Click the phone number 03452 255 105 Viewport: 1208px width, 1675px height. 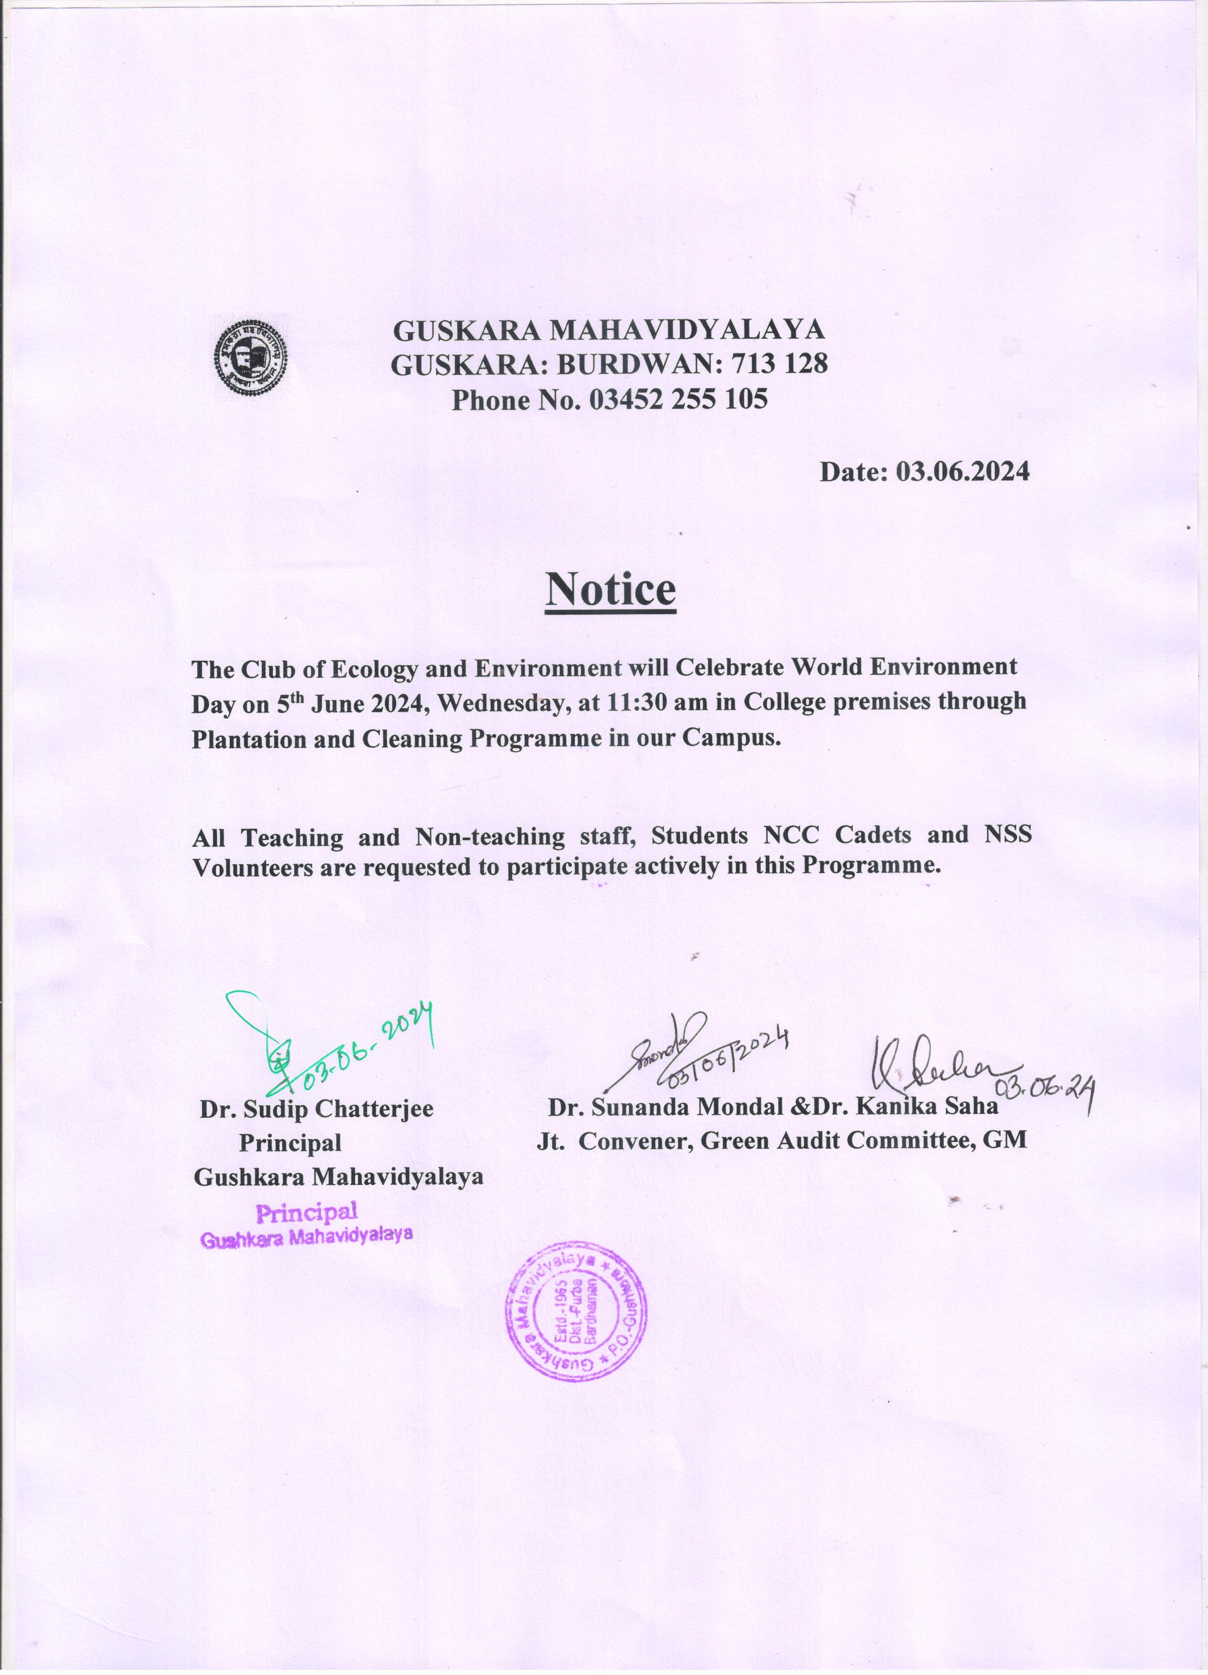click(678, 400)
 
